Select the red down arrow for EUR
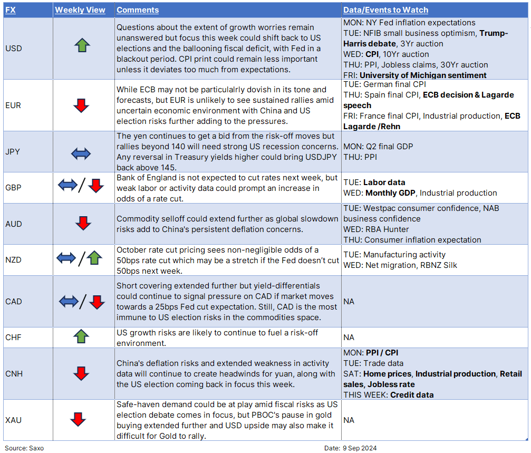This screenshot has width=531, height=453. point(81,105)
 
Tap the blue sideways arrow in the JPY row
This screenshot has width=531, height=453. point(81,153)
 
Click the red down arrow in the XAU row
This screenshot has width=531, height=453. point(78,420)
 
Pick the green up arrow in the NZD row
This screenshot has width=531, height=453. point(94,258)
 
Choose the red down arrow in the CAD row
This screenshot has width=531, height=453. point(96,302)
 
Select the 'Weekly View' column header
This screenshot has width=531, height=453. point(80,10)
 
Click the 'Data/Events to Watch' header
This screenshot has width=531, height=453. point(385,10)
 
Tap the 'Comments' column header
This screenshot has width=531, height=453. point(138,10)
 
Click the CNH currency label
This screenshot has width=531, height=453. point(14,374)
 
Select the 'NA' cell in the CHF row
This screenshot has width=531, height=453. point(349,337)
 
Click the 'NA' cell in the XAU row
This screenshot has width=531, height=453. point(349,420)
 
